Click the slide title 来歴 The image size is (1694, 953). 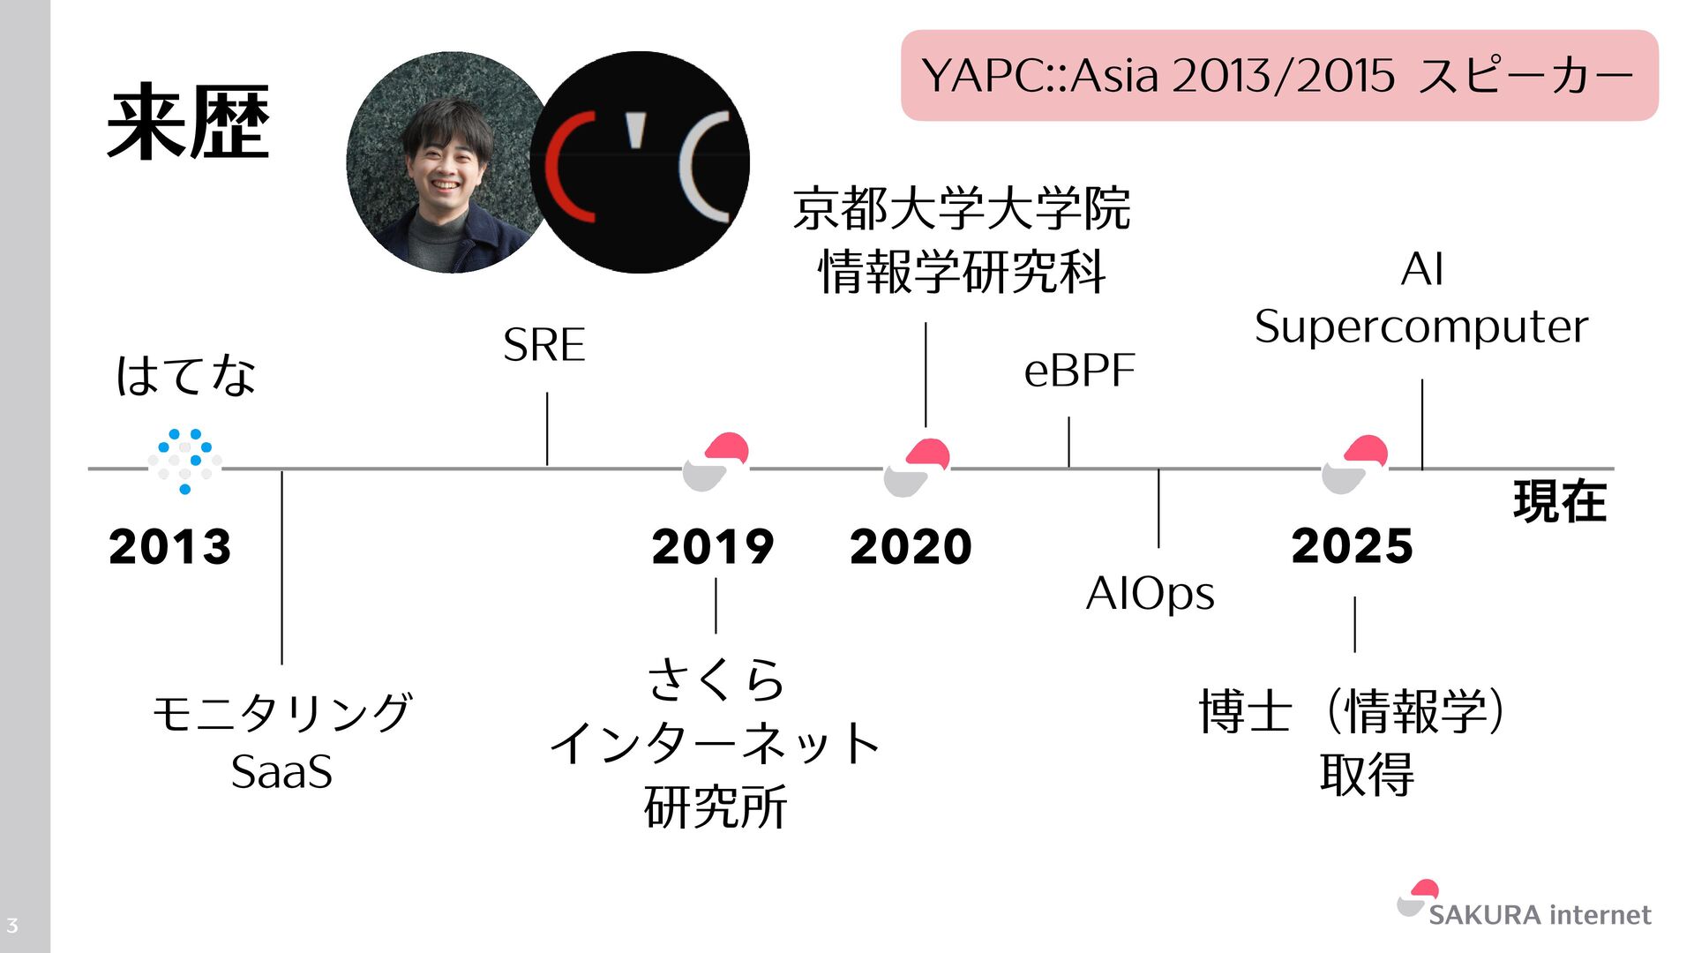point(188,123)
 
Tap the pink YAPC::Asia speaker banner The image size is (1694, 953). point(1278,75)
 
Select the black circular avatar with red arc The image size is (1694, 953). point(641,162)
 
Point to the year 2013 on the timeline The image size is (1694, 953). point(170,546)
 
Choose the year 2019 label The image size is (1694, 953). point(713,546)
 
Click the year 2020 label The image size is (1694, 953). point(911,546)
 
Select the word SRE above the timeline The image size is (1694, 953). point(544,345)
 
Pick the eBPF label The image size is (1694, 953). point(1079,371)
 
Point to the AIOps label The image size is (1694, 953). point(1150,593)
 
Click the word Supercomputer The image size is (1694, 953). point(1420,327)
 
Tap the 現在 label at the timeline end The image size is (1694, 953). point(1559,501)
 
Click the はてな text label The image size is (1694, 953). point(186,375)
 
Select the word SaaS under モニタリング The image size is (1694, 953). point(281,772)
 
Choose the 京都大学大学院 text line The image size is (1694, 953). point(961,209)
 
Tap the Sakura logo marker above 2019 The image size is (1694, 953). point(716,461)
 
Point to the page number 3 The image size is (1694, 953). point(12,926)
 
